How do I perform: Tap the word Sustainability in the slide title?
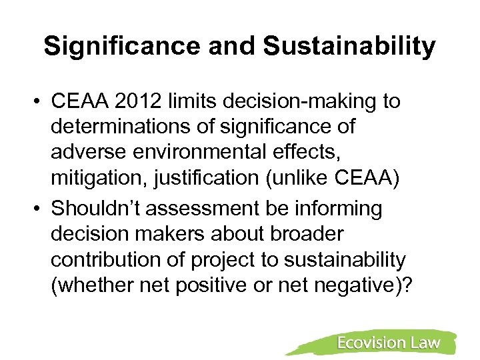[349, 46]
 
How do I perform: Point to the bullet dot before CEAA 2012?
[40, 101]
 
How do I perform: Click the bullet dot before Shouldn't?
[40, 209]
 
